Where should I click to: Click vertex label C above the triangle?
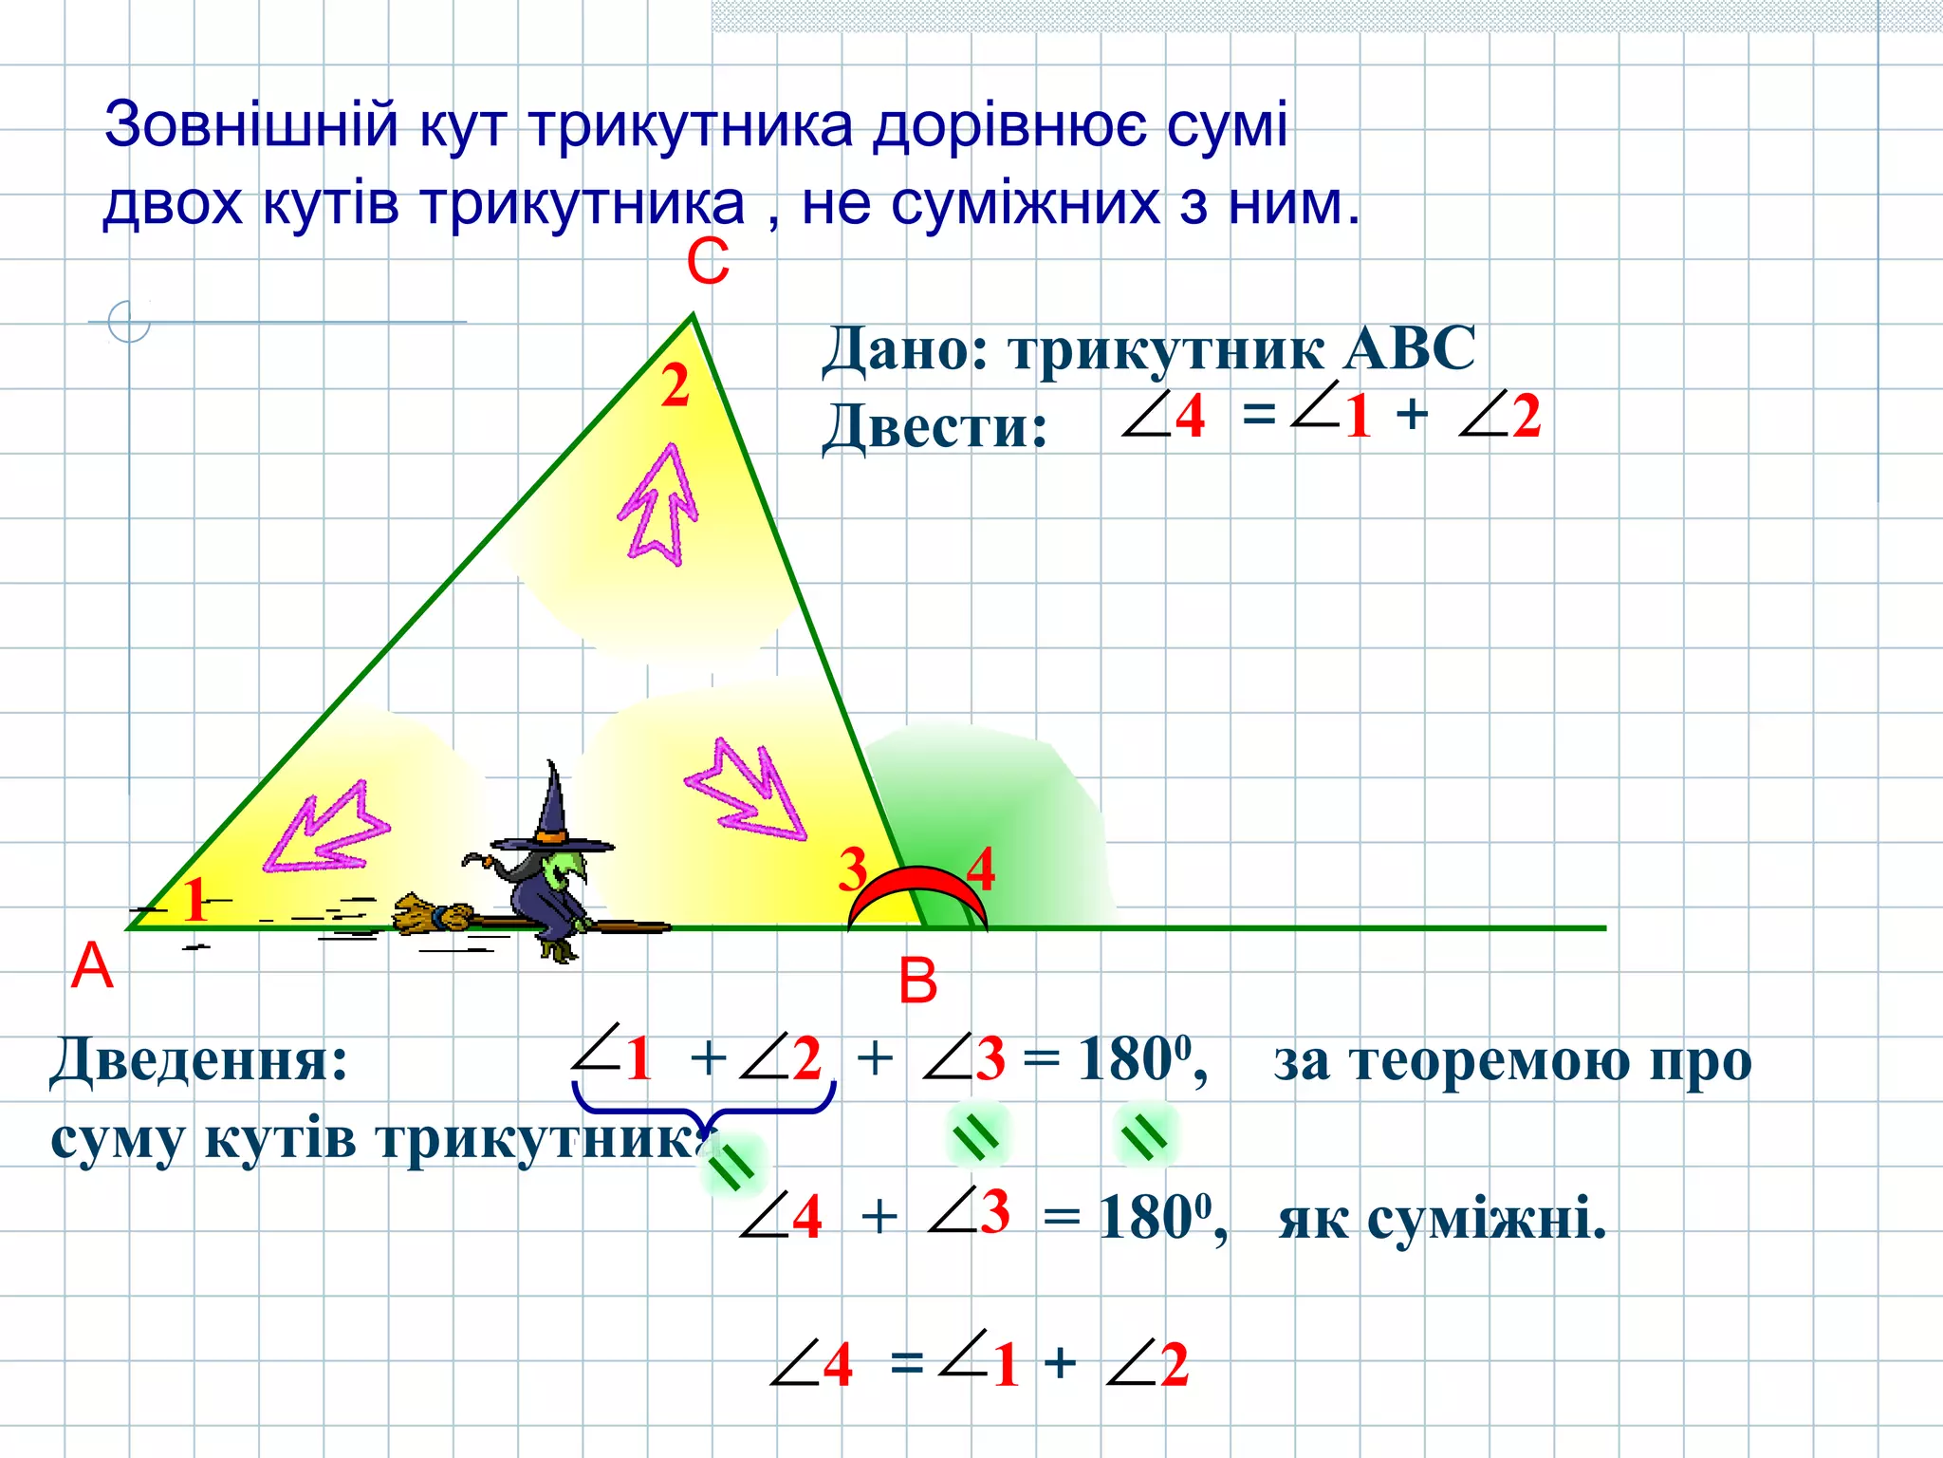click(x=708, y=262)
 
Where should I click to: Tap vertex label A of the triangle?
click(x=92, y=967)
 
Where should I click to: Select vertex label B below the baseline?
click(x=917, y=981)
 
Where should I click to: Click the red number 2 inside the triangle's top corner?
click(x=675, y=387)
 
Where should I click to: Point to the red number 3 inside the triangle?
click(x=853, y=869)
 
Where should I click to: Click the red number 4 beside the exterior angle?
click(x=981, y=869)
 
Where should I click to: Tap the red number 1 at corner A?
click(x=195, y=900)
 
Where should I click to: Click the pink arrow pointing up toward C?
click(x=658, y=503)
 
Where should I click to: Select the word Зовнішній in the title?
click(x=250, y=124)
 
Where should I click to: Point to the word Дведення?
click(x=199, y=1059)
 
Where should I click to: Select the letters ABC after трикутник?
click(x=1410, y=348)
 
